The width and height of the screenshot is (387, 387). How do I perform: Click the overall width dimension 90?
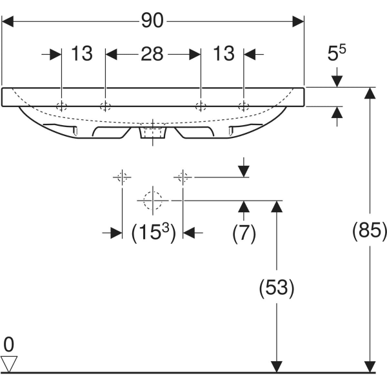pyautogui.click(x=152, y=21)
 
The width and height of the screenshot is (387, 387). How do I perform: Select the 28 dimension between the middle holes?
pyautogui.click(x=152, y=54)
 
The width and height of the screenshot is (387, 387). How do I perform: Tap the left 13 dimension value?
pyautogui.click(x=82, y=54)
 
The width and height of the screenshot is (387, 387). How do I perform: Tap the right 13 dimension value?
pyautogui.click(x=224, y=54)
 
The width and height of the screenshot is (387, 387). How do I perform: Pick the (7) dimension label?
pyautogui.click(x=244, y=233)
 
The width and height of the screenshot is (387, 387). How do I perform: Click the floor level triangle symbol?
pyautogui.click(x=8, y=363)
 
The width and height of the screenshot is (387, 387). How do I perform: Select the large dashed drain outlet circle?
pyautogui.click(x=153, y=201)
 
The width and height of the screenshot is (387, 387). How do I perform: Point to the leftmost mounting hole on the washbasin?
pyautogui.click(x=61, y=106)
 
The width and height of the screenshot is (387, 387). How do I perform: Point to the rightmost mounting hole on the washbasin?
pyautogui.click(x=243, y=106)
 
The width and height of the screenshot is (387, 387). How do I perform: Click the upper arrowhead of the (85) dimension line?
pyautogui.click(x=370, y=93)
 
